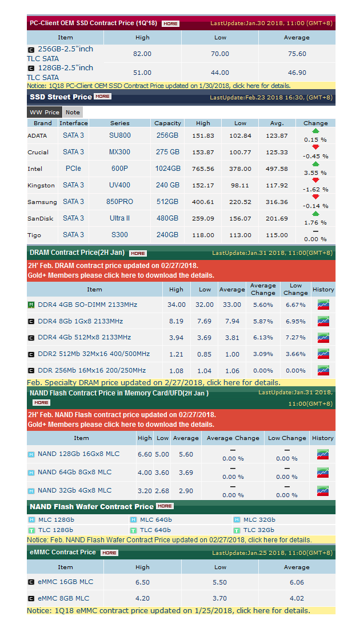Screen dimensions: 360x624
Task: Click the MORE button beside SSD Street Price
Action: [103, 97]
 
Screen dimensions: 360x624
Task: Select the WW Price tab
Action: [44, 112]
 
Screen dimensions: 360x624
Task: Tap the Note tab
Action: [73, 112]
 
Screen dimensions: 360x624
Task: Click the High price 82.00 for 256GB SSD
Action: [142, 54]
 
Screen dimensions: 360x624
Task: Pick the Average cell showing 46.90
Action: [297, 73]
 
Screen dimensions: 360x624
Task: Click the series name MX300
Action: [120, 152]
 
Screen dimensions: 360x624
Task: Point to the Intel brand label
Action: [35, 169]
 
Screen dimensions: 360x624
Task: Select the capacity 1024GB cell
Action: [168, 169]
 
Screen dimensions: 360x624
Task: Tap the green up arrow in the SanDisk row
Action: [315, 214]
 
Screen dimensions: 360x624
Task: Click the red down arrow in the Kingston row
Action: [315, 181]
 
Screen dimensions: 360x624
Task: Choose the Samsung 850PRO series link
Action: [120, 202]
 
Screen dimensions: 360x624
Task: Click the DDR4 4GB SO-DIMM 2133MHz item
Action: [87, 305]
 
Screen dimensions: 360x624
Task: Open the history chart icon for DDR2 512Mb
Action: [323, 354]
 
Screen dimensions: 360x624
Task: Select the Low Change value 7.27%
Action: [295, 338]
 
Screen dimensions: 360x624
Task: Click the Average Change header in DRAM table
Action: [263, 289]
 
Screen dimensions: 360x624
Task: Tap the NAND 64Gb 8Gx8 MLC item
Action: [74, 473]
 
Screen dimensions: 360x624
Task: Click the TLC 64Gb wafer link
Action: [155, 530]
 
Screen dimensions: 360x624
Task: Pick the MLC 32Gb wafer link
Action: [259, 520]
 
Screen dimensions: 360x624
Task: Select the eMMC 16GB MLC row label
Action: [65, 582]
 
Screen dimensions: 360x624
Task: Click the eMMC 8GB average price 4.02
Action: [297, 598]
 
